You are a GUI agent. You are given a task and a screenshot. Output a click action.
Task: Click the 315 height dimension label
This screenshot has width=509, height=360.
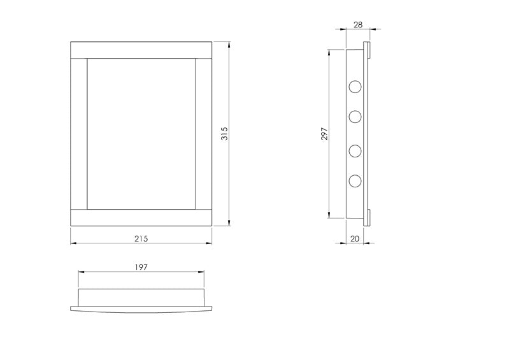224,133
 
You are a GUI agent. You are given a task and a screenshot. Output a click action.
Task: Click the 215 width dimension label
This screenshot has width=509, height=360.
141,238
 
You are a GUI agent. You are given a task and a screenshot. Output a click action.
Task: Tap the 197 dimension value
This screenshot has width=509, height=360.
141,267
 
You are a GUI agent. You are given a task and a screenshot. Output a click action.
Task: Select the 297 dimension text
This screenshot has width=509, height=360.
324,134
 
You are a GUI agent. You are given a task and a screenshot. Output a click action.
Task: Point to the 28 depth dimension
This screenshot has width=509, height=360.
358,25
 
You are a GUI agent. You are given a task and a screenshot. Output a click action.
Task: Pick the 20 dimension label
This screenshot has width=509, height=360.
355,238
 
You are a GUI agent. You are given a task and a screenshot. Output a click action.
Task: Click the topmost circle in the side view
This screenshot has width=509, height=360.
355,87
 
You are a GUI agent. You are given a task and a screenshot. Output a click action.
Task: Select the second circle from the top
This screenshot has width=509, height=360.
355,117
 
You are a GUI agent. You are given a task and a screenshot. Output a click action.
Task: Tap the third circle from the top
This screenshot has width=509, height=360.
355,151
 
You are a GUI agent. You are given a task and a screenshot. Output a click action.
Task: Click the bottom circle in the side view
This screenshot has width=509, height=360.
355,181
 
